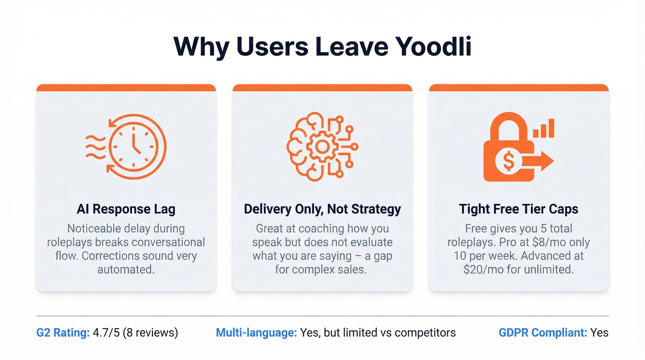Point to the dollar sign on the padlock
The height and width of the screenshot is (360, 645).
point(509,161)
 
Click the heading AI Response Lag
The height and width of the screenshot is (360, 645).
point(126,209)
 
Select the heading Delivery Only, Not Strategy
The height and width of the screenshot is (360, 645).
point(322,209)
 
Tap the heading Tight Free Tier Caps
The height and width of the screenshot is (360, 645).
point(518,209)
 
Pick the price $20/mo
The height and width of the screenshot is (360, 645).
point(481,269)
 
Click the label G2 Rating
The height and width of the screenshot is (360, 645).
point(63,332)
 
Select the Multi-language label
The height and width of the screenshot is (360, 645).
point(256,332)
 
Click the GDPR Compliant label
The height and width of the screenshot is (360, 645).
point(543,332)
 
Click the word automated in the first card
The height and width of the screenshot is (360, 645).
point(126,269)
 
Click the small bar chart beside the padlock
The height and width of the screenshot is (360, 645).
point(544,128)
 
